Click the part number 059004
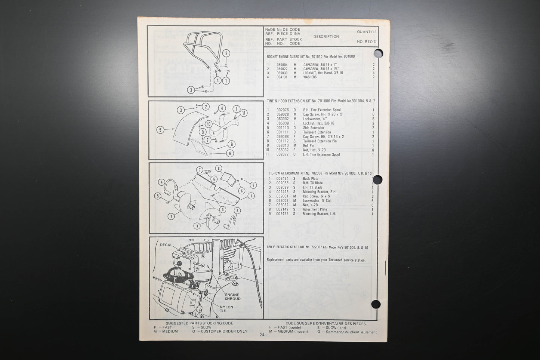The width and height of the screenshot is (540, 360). tap(282, 65)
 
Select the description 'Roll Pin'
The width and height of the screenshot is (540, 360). tap(309, 145)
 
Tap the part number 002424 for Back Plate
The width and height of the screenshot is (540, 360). tap(282, 179)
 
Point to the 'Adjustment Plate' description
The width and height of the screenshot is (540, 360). tap(315, 210)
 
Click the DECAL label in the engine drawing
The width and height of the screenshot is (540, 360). tap(166, 245)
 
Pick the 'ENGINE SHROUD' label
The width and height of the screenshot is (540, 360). tap(232, 296)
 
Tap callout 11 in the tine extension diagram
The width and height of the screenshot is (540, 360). tap(244, 113)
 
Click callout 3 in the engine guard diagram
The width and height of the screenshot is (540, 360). tap(191, 90)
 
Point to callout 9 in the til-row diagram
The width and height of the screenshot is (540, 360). tap(237, 211)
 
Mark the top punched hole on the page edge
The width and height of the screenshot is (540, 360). tap(378, 53)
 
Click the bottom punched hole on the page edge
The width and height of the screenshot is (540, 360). tap(376, 304)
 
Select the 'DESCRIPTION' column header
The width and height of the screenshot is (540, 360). tap(326, 37)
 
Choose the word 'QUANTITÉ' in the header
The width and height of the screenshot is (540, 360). tap(367, 32)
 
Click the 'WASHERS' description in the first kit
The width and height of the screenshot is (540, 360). tap(310, 77)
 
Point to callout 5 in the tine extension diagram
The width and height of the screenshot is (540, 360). tap(160, 130)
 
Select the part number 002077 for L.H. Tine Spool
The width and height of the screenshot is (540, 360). tap(283, 154)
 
